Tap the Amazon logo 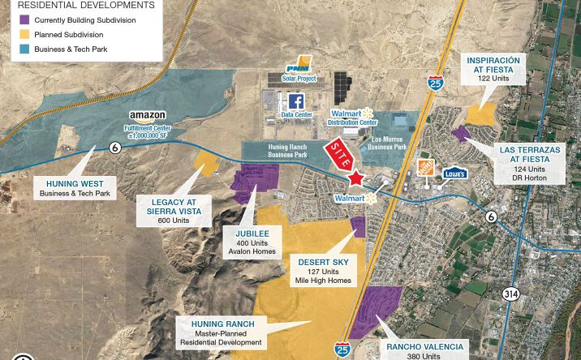[147, 116]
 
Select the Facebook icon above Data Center [296, 101]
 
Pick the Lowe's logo [454, 172]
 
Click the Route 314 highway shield [510, 293]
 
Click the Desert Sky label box [323, 271]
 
